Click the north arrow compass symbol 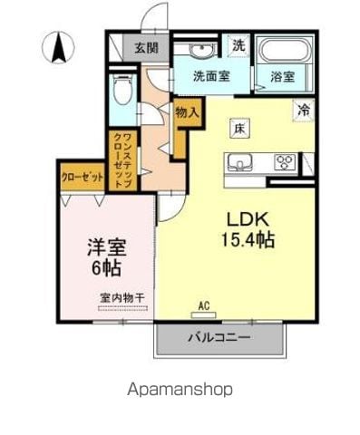pos(58,47)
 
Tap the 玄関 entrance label pos(146,48)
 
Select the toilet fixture pos(122,89)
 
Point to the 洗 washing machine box pos(238,45)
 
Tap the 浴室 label pos(283,77)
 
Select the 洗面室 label pos(211,76)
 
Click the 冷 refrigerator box pos(304,111)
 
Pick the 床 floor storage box pos(239,129)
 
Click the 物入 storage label pos(188,113)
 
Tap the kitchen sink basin pos(240,162)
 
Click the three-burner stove pos(285,162)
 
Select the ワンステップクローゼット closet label pos(123,161)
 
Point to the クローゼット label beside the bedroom pos(83,177)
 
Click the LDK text pos(248,219)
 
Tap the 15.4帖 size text pos(248,240)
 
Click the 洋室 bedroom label pos(107,246)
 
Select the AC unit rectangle pos(204,314)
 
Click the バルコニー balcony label pos(219,337)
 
